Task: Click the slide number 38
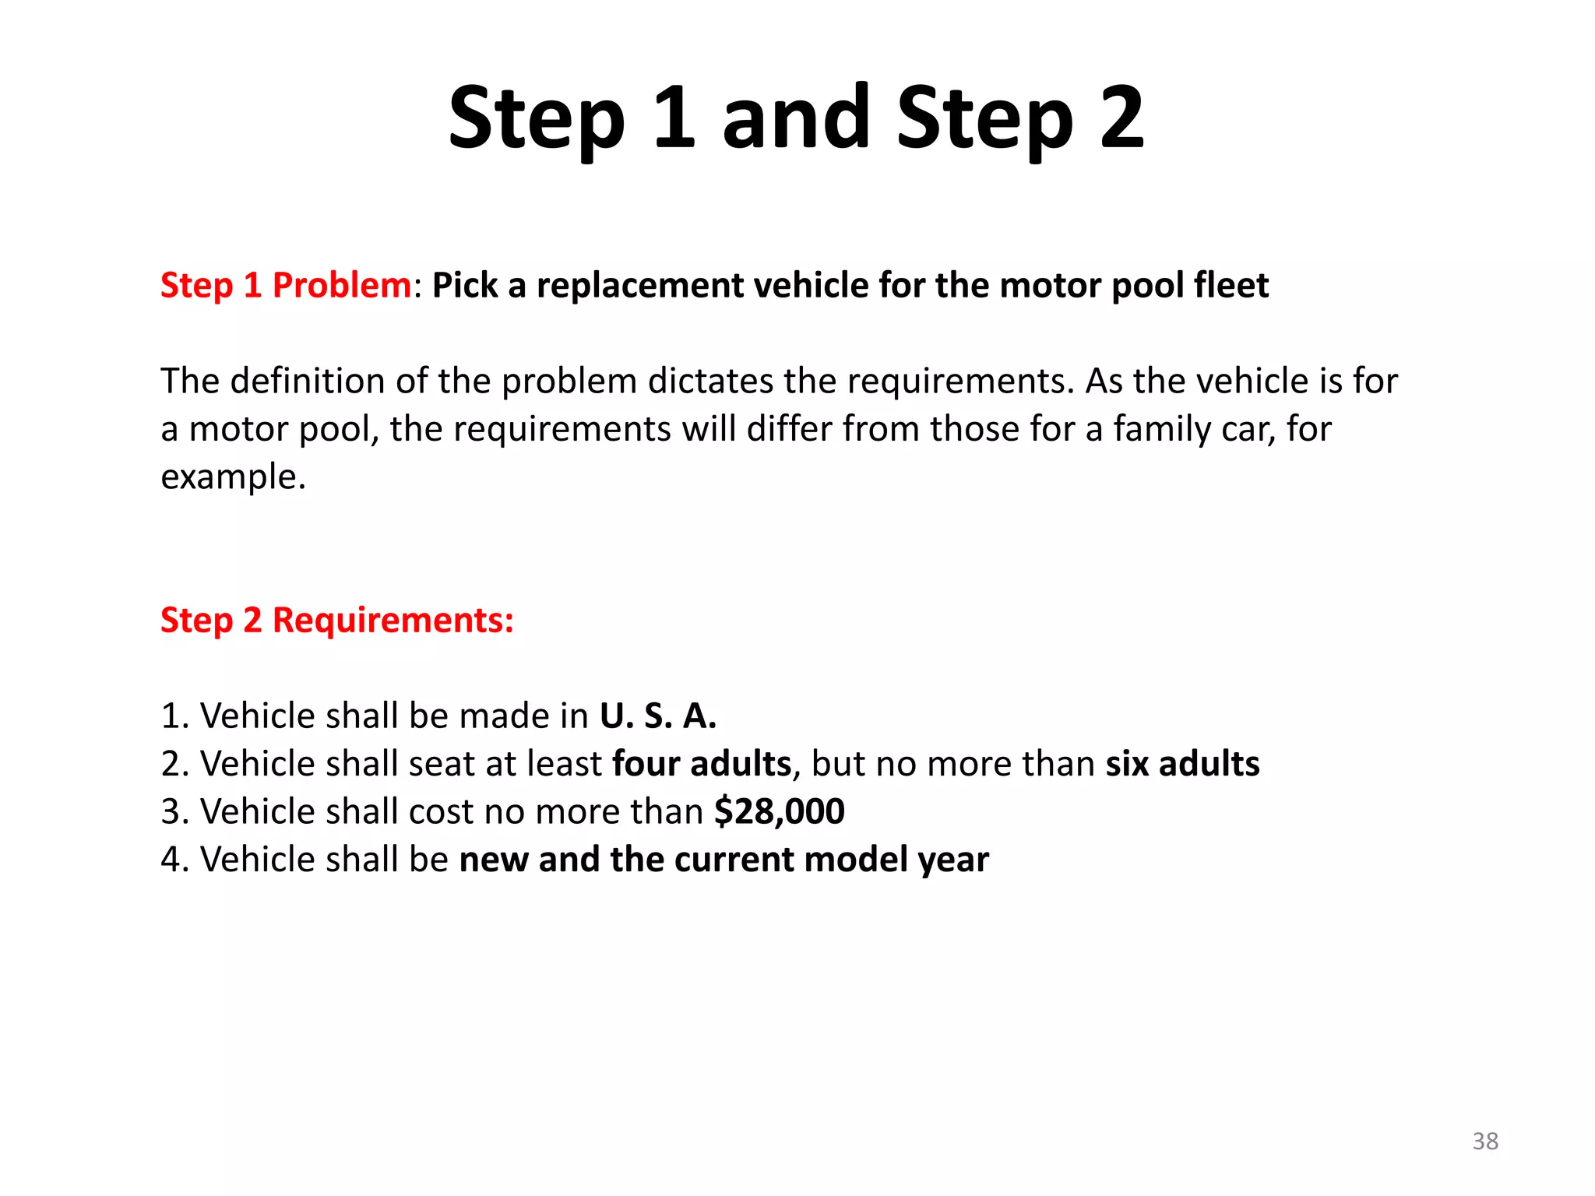click(x=1485, y=1141)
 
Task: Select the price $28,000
click(x=780, y=811)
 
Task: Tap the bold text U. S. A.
click(x=658, y=716)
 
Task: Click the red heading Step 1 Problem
click(x=286, y=285)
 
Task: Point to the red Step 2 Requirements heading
click(x=337, y=620)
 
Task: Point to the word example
click(x=233, y=477)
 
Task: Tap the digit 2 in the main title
click(x=1122, y=118)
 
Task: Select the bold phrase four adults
click(x=702, y=763)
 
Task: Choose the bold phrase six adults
click(x=1182, y=763)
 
